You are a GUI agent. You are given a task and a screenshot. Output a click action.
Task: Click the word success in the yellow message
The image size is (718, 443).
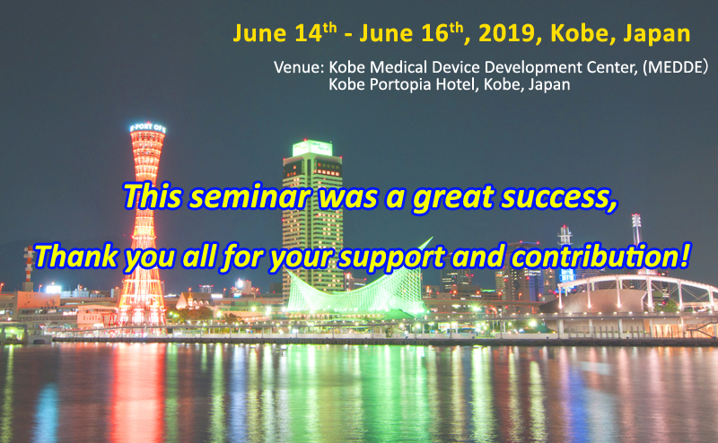click(x=558, y=197)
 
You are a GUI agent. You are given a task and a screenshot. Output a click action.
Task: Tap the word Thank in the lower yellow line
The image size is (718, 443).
click(x=76, y=256)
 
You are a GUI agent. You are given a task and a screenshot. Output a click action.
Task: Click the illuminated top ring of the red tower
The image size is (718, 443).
click(x=147, y=128)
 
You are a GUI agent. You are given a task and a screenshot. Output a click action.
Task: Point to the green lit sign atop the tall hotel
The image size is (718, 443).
click(x=312, y=148)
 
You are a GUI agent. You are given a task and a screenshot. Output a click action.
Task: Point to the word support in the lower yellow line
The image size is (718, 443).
click(x=391, y=257)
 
